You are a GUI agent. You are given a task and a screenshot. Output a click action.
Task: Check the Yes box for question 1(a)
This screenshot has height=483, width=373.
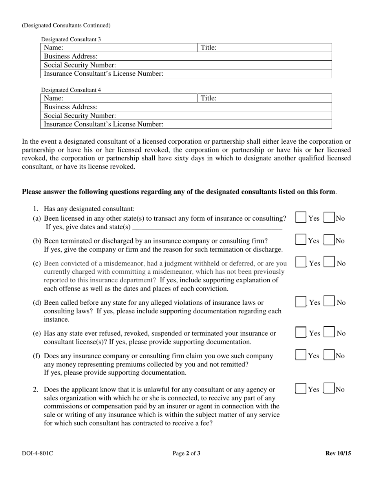coord(301,218)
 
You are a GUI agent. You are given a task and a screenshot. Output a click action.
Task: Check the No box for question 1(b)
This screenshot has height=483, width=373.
coord(329,240)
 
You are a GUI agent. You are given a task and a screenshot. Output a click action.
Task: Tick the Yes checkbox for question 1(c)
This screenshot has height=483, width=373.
coord(301,263)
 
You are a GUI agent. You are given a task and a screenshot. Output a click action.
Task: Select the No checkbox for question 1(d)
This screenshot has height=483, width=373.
coord(329,302)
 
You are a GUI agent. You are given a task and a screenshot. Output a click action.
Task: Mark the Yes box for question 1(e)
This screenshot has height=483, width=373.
coord(301,333)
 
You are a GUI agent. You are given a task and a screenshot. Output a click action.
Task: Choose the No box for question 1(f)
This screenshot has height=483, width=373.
coord(329,355)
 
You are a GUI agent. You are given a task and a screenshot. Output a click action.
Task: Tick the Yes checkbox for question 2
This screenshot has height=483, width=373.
coord(301,389)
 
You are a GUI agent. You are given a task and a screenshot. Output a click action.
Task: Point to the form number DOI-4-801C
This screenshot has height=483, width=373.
coord(37,454)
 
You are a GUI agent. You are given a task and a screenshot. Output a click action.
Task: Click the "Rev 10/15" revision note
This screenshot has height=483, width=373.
coord(338,454)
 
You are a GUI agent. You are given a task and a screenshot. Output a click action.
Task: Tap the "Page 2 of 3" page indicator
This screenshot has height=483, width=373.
coord(186,454)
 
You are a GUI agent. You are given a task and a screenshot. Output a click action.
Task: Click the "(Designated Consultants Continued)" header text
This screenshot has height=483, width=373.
coord(66,26)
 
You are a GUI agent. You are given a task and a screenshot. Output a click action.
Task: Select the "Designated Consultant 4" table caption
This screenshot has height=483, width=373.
coord(71,90)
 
